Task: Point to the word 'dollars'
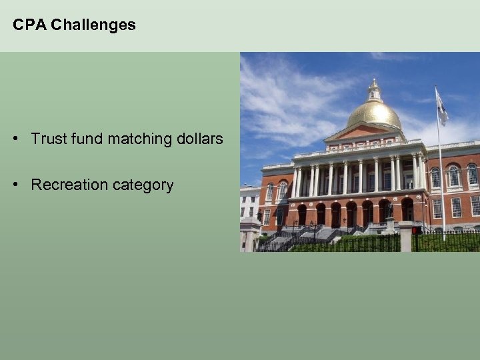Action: [198, 139]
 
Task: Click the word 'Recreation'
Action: [67, 185]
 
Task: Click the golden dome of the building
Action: [374, 114]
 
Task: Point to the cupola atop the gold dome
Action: [374, 90]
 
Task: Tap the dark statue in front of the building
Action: [388, 211]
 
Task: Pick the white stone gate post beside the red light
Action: [405, 237]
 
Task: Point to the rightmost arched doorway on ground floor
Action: [407, 209]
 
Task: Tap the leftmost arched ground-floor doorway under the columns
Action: [301, 215]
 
